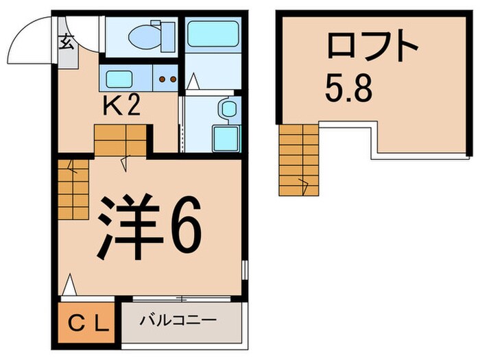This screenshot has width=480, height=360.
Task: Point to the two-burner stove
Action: click(168, 79)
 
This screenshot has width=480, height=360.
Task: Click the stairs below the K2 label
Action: click(120, 140)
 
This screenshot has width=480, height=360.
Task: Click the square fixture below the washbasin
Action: click(225, 136)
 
